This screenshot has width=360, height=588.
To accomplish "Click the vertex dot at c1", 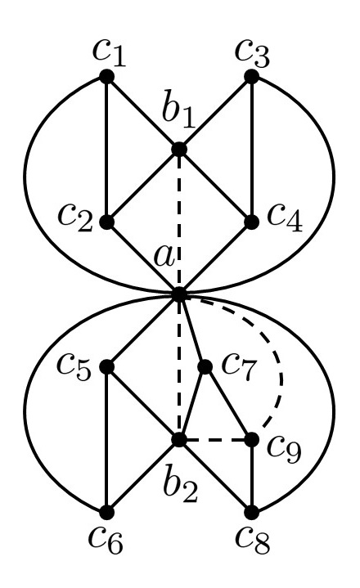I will [106, 76].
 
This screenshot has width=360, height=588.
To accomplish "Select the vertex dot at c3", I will [251, 76].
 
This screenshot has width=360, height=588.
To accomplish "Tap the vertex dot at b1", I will [178, 149].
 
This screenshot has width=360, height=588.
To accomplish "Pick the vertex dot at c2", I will [106, 221].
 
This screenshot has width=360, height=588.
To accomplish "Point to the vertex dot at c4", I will [251, 221].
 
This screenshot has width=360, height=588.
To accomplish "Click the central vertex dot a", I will [178, 294].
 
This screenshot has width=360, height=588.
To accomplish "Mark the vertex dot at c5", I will [106, 366].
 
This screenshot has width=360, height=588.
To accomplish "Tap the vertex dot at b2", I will [178, 439].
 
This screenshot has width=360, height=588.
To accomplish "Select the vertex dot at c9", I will [251, 439].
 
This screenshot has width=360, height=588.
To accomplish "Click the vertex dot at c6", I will [106, 512].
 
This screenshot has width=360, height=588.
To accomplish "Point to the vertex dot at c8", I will [251, 512].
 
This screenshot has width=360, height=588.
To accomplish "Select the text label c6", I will [106, 546].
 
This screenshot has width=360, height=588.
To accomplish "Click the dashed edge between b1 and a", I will [178, 221].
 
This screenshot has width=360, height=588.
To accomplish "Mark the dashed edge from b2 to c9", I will [214, 439].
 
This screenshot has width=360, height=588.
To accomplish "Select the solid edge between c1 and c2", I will [106, 147].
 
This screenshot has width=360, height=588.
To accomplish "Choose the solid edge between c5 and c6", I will [106, 439].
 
